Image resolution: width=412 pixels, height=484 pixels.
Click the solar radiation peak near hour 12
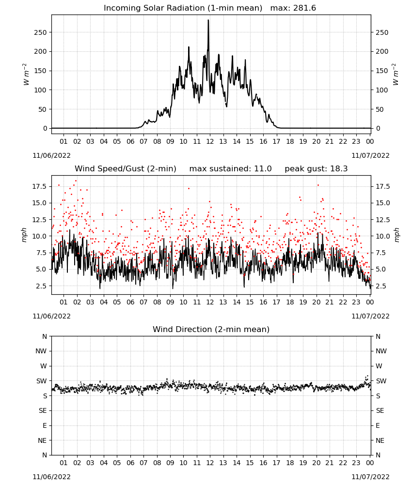tap(208, 20)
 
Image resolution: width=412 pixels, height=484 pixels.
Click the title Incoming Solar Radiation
tap(154, 8)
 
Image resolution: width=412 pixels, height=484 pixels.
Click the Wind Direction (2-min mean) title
tap(211, 329)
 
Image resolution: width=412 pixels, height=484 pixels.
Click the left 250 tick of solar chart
tap(40, 32)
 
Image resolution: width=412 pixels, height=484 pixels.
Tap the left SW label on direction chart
tap(41, 381)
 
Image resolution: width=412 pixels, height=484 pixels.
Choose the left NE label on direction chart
tap(42, 440)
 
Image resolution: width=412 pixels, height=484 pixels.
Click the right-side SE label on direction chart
tap(380, 410)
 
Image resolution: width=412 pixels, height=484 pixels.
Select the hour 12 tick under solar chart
tap(210, 141)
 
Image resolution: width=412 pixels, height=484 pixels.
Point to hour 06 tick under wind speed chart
tap(130, 302)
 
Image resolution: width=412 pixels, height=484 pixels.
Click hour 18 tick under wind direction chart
tap(290, 463)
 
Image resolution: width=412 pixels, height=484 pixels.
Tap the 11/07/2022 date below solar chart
tap(370, 155)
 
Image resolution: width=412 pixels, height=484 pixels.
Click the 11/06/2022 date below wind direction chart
tap(51, 477)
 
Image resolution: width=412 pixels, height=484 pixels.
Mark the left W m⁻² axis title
tap(26, 75)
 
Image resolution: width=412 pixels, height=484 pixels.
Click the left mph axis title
tap(24, 235)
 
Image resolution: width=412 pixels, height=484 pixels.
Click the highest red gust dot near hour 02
tap(76, 181)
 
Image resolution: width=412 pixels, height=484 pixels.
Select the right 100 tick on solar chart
tap(382, 90)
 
